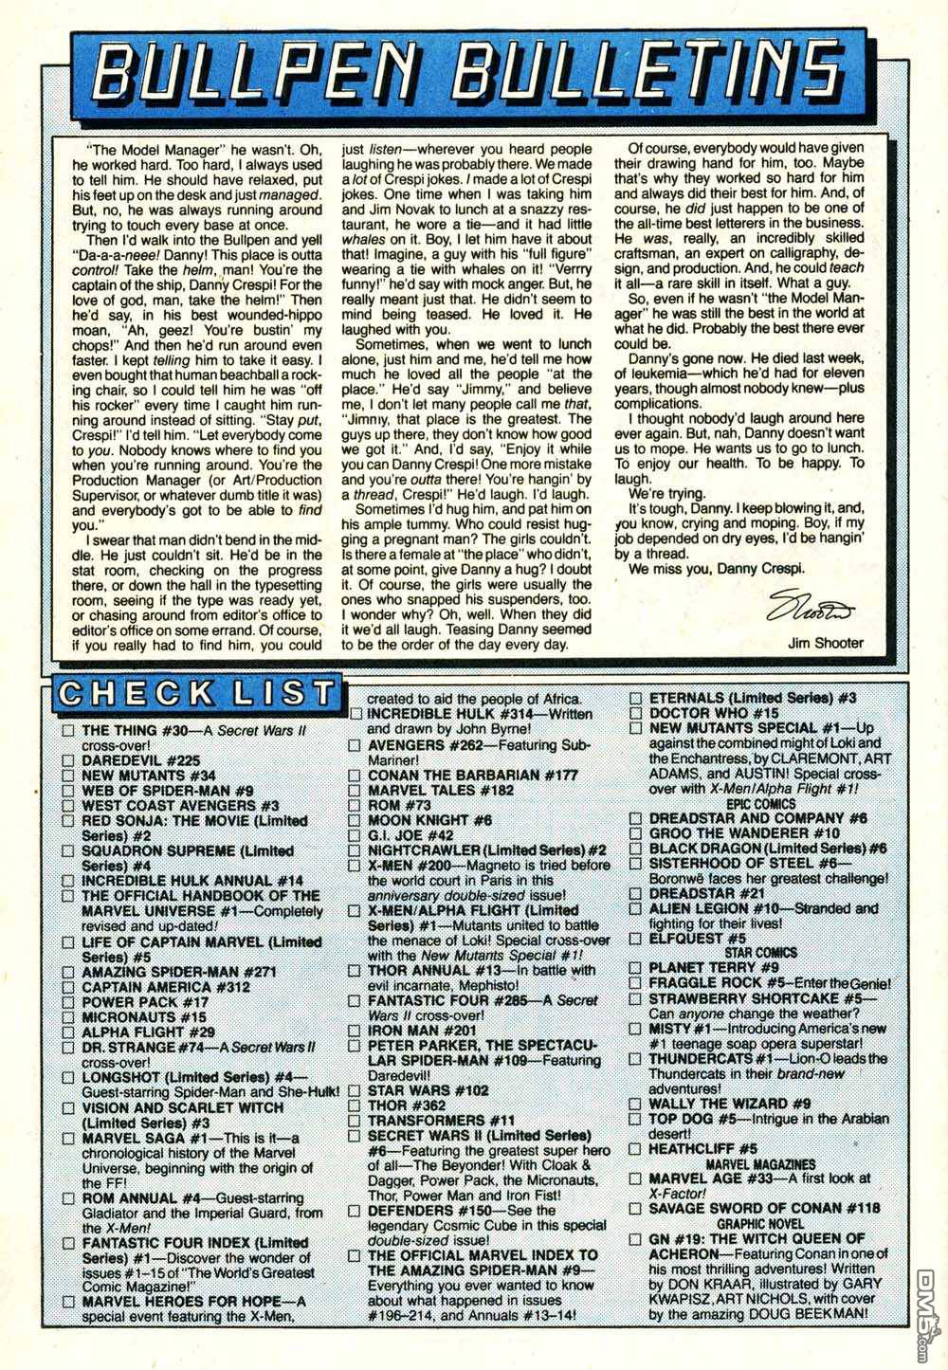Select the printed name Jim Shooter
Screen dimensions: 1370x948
coord(825,643)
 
